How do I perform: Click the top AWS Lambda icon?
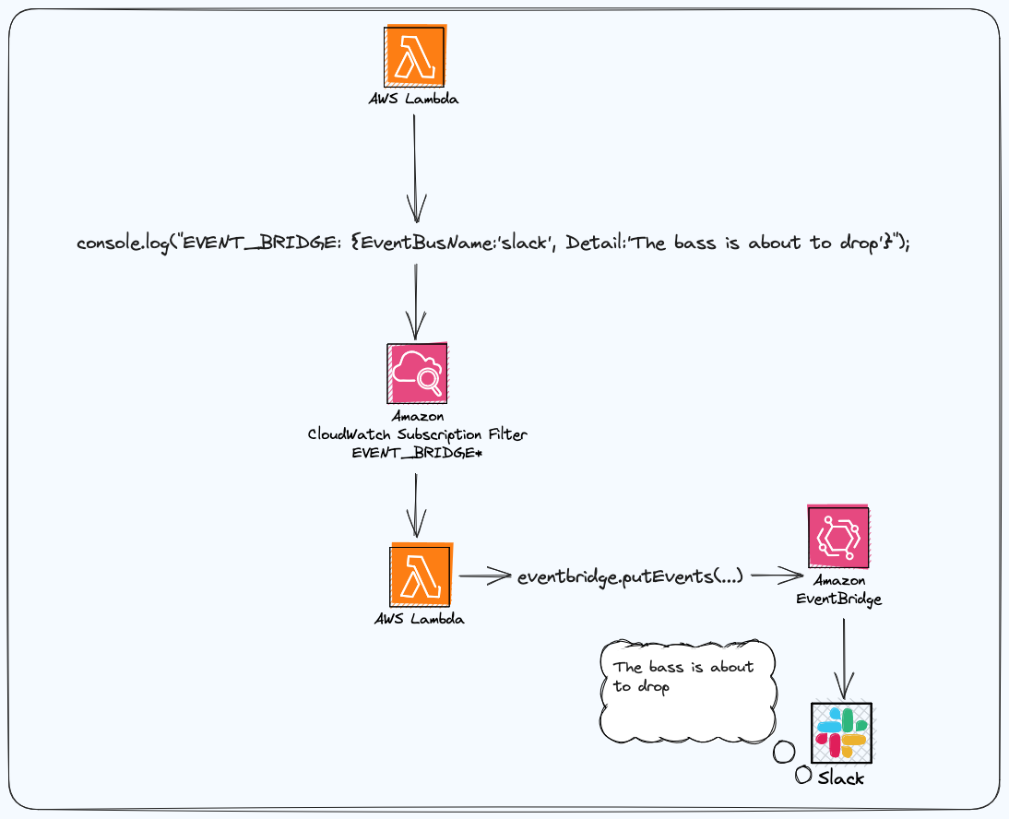click(x=415, y=56)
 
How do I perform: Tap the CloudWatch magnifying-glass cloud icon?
click(x=417, y=374)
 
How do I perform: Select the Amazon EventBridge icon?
click(x=838, y=537)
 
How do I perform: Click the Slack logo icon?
click(x=840, y=731)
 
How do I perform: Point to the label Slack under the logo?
click(x=840, y=778)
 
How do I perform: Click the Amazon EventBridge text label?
click(x=838, y=589)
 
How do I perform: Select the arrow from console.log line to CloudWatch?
click(x=416, y=300)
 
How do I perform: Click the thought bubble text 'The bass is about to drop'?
click(x=683, y=677)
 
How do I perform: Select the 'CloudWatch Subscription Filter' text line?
click(x=418, y=433)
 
